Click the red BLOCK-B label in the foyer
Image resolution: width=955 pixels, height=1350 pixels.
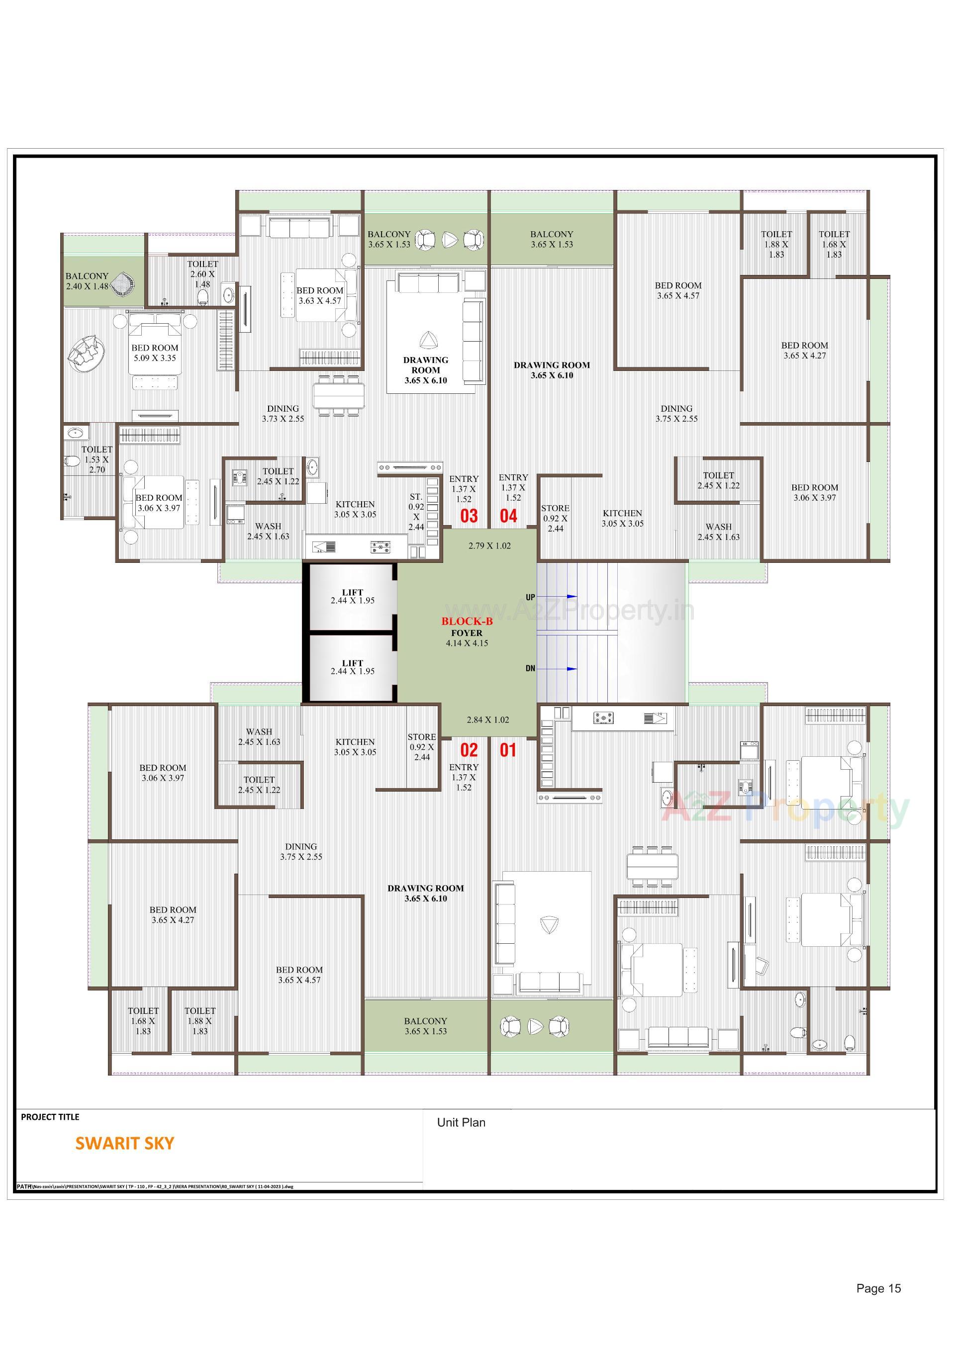(x=467, y=621)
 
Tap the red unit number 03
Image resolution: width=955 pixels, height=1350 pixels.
(x=469, y=516)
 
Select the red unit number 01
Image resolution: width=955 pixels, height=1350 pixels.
(x=508, y=750)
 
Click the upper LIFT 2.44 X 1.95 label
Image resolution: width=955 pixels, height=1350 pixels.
(x=352, y=596)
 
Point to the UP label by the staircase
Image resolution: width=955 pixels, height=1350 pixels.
(x=530, y=597)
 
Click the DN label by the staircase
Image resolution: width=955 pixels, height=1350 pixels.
(x=530, y=668)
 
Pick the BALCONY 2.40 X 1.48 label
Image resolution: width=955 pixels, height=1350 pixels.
(x=87, y=281)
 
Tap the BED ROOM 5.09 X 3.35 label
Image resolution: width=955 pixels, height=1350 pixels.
(x=155, y=353)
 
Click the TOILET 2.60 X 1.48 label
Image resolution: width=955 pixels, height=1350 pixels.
(x=202, y=274)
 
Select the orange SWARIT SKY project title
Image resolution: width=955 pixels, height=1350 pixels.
(x=125, y=1143)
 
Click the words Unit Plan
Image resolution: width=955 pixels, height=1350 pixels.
(x=461, y=1122)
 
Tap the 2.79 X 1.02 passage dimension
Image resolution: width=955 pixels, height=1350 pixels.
(x=489, y=545)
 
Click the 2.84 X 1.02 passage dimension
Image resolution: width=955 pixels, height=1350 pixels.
(x=487, y=720)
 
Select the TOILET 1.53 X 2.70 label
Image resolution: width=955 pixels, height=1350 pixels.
(x=96, y=459)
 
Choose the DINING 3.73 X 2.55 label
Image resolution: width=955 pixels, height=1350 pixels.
(x=283, y=413)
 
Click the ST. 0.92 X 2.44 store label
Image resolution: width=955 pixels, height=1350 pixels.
(x=416, y=512)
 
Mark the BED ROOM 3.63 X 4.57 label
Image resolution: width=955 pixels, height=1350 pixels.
(x=319, y=295)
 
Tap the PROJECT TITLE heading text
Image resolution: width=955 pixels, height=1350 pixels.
(x=50, y=1117)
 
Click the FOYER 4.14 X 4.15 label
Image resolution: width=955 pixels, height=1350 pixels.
(x=467, y=638)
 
